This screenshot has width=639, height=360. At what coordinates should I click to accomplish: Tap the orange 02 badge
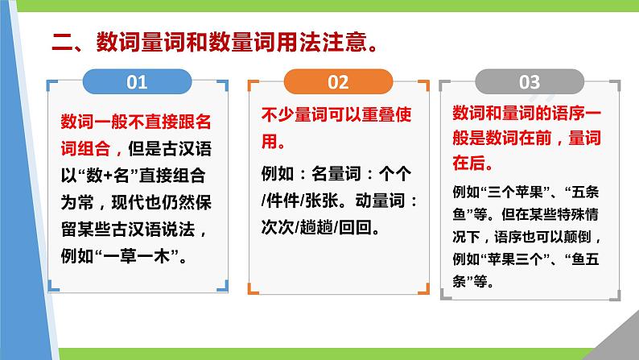338,82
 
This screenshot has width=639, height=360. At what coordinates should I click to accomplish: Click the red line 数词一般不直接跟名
135,122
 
